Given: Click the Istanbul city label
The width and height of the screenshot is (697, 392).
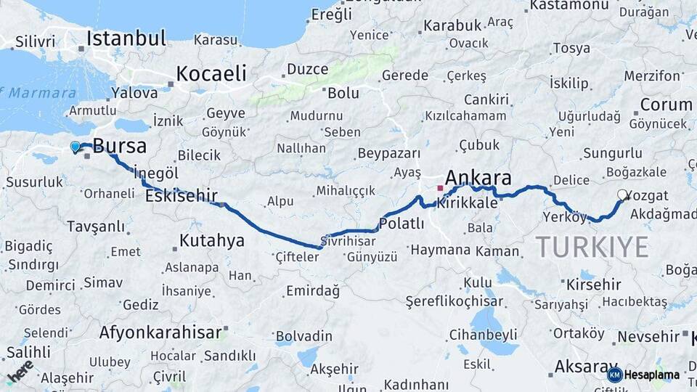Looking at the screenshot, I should pyautogui.click(x=126, y=38).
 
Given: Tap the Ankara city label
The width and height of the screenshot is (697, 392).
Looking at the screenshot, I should pyautogui.click(x=478, y=178).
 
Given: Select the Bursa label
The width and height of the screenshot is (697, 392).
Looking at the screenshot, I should pyautogui.click(x=120, y=146).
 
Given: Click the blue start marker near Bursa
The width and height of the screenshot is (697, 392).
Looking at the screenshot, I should pyautogui.click(x=75, y=147).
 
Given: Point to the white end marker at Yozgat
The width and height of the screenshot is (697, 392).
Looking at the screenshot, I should pyautogui.click(x=622, y=195).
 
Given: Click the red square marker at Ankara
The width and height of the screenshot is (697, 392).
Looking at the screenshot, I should pyautogui.click(x=440, y=188).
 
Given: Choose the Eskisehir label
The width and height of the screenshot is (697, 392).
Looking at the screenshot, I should pyautogui.click(x=182, y=196).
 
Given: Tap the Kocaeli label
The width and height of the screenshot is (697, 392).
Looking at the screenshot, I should pyautogui.click(x=211, y=73).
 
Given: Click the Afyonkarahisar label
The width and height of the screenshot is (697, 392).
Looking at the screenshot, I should pyautogui.click(x=160, y=333).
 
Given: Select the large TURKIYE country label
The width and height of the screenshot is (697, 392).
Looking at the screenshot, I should pyautogui.click(x=592, y=248).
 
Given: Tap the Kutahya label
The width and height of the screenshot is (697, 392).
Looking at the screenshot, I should pyautogui.click(x=212, y=240).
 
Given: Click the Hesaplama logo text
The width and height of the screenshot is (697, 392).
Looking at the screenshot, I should pyautogui.click(x=651, y=375).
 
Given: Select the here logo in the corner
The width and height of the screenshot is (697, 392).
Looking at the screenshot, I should pyautogui.click(x=20, y=370).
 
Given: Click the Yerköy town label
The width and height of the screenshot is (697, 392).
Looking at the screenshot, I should pyautogui.click(x=564, y=216).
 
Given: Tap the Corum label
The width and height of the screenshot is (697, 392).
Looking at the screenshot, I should pyautogui.click(x=666, y=105).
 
